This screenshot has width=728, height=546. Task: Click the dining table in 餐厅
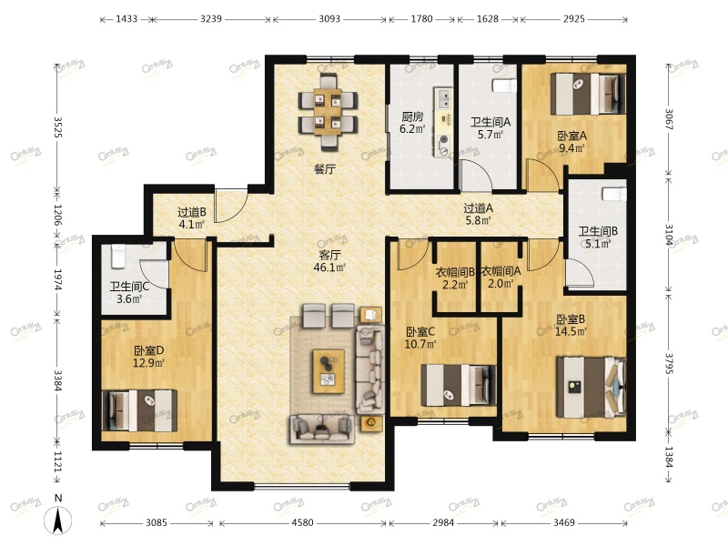pyautogui.click(x=328, y=111)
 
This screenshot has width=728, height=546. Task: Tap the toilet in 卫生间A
pyautogui.click(x=504, y=86)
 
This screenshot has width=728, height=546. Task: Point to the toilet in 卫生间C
pyautogui.click(x=118, y=257)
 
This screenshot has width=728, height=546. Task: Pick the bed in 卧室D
pyautogui.click(x=139, y=410)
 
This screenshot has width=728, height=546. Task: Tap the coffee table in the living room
pyautogui.click(x=329, y=371)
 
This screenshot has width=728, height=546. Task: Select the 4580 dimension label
pyautogui.click(x=302, y=522)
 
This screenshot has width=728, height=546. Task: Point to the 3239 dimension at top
pyautogui.click(x=211, y=19)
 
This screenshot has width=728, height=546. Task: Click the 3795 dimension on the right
pyautogui.click(x=669, y=363)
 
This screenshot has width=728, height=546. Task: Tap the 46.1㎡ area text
pyautogui.click(x=330, y=268)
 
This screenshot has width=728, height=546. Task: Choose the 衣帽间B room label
pyautogui.click(x=455, y=271)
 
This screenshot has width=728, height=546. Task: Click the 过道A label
pyautogui.click(x=479, y=208)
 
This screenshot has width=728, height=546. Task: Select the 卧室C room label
pyautogui.click(x=420, y=332)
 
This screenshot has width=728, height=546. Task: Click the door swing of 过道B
pyautogui.click(x=231, y=206)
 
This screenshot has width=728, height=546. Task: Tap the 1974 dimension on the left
pyautogui.click(x=58, y=280)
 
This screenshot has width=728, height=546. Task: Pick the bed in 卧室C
pyautogui.click(x=459, y=385)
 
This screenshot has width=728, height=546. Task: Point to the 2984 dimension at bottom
pyautogui.click(x=443, y=522)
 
